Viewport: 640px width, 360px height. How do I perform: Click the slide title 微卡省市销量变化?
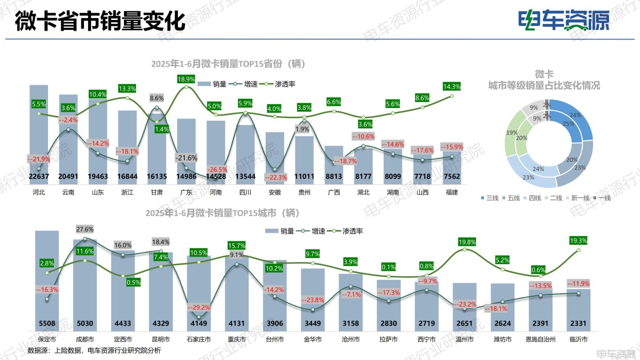click(x=100, y=21)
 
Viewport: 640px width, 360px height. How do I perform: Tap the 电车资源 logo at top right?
click(x=564, y=20)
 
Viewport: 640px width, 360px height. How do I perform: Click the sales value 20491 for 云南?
click(x=68, y=176)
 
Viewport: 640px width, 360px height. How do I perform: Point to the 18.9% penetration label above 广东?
click(x=186, y=79)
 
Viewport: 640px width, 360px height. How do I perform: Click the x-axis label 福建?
click(x=452, y=192)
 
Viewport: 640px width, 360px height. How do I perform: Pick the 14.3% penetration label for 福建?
click(x=452, y=86)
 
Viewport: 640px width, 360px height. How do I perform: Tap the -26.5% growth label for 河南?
click(x=217, y=170)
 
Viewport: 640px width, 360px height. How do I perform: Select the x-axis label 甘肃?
click(x=157, y=192)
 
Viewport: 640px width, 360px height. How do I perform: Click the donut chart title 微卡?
click(x=544, y=74)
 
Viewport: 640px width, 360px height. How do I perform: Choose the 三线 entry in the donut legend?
click(x=490, y=198)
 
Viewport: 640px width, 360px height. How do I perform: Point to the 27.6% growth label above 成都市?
click(x=85, y=229)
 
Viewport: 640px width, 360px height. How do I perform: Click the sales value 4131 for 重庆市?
click(x=237, y=323)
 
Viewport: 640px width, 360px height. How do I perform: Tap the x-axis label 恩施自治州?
click(x=540, y=339)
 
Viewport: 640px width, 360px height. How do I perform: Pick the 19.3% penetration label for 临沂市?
click(x=578, y=240)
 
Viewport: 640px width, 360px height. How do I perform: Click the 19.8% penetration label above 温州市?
click(x=467, y=242)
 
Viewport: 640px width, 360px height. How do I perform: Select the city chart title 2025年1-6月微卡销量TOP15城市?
click(x=222, y=213)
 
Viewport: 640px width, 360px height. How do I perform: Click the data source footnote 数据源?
click(x=94, y=350)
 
